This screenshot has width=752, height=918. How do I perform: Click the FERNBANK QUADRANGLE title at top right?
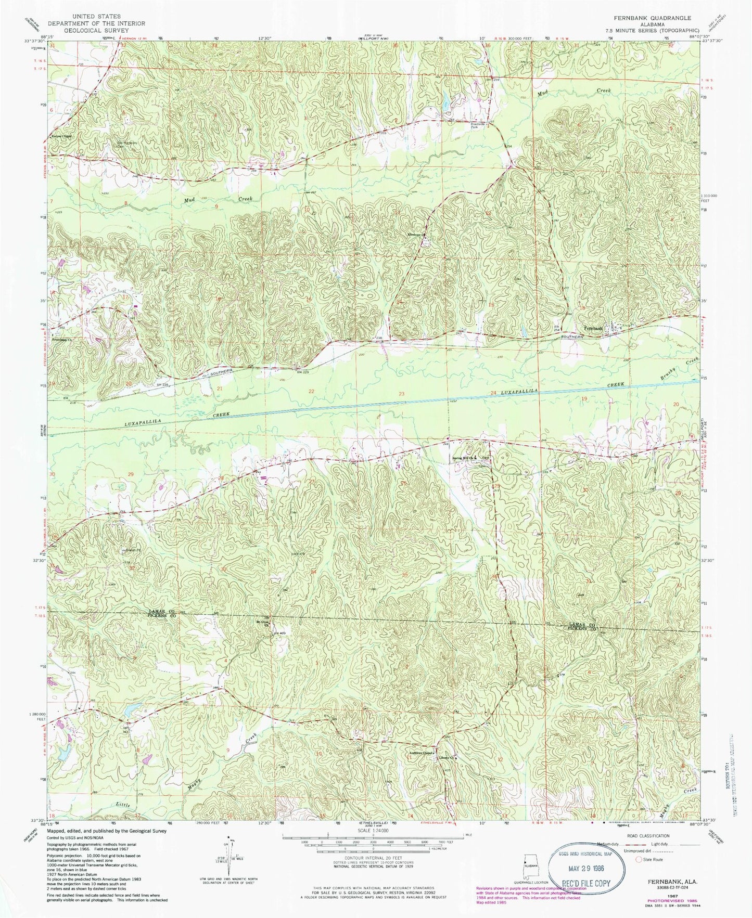[x=653, y=18]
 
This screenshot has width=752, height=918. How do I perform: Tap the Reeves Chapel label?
[x=60, y=137]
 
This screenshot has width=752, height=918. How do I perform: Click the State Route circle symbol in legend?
[x=639, y=859]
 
